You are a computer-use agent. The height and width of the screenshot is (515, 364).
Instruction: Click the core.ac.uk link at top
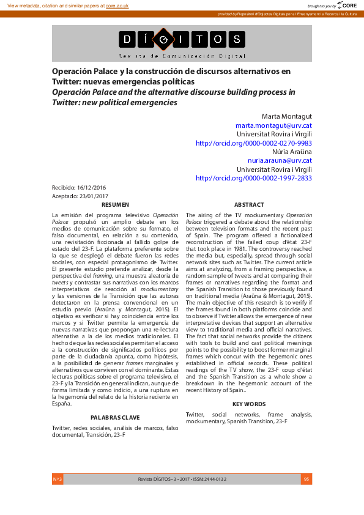point(117,5)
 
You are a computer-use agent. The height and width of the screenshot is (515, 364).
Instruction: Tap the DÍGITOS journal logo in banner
point(182,41)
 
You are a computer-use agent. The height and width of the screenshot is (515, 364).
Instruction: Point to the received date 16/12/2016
point(91,187)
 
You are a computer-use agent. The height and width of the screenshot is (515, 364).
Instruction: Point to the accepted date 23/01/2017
point(92,196)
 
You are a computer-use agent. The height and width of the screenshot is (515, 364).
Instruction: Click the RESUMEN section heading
point(115,205)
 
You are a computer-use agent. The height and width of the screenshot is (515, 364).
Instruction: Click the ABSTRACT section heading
point(249,205)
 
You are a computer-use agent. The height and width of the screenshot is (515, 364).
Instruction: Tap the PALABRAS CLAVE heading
point(115,417)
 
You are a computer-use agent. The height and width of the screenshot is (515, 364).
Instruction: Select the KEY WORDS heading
point(249,404)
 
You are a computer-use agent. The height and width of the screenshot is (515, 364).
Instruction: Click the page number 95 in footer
point(306,479)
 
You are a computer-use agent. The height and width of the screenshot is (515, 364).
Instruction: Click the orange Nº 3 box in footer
point(58,479)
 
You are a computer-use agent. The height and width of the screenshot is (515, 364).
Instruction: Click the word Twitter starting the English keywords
point(196,415)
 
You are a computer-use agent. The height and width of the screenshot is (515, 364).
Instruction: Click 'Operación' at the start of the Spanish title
point(73,71)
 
